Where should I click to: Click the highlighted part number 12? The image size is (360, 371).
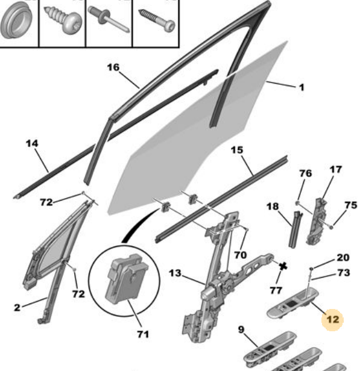point(332,320)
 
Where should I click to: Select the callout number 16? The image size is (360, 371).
point(113,67)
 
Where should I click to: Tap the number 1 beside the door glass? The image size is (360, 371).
point(302,88)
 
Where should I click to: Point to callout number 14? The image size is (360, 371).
point(32,143)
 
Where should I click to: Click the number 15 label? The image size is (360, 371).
point(237,150)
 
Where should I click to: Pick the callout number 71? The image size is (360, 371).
point(143,334)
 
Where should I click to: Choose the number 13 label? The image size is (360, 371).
point(175,273)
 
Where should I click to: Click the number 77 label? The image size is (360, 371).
point(276,290)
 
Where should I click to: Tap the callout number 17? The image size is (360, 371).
point(336,169)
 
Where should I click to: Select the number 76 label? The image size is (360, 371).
point(306,173)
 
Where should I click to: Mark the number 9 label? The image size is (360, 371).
point(241,329)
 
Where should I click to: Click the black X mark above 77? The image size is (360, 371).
point(283,266)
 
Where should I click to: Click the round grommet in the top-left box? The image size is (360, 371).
point(16,20)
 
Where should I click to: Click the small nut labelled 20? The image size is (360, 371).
point(312,269)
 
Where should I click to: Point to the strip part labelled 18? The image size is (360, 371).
point(295,229)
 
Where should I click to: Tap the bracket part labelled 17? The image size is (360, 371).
point(317,222)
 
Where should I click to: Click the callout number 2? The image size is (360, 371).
point(17,308)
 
